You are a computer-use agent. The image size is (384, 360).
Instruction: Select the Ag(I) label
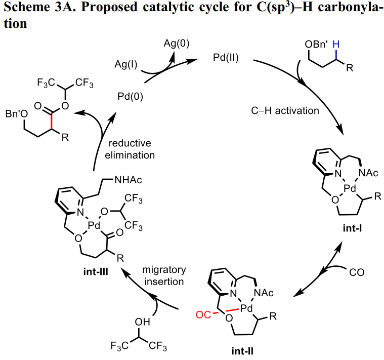click(x=127, y=65)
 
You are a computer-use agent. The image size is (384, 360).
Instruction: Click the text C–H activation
click(x=284, y=110)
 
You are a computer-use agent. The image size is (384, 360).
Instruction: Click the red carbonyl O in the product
click(x=38, y=106)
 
